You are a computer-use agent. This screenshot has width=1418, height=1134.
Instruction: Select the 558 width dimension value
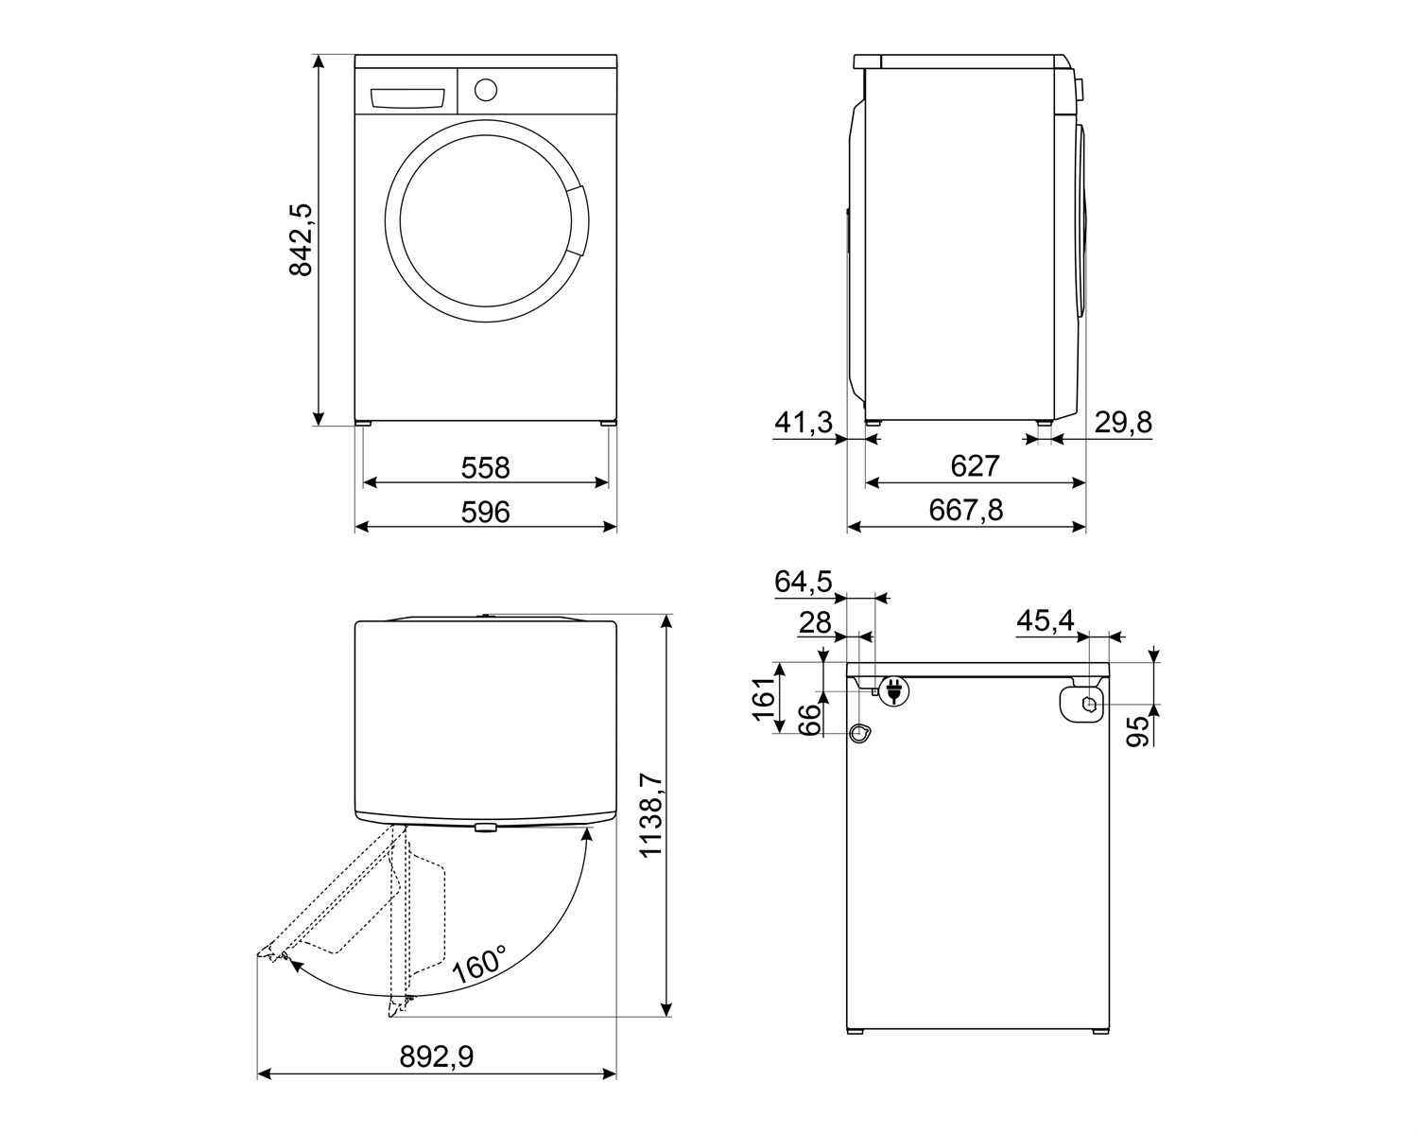(x=485, y=467)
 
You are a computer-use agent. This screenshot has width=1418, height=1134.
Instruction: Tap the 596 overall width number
(x=485, y=512)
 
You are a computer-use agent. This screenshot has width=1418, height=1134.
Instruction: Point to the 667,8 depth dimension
(x=965, y=510)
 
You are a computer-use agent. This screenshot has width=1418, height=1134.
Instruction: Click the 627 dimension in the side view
(x=975, y=466)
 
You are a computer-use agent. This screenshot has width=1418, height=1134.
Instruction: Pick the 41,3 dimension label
(x=803, y=423)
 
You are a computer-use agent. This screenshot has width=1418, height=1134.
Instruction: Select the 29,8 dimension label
(x=1123, y=423)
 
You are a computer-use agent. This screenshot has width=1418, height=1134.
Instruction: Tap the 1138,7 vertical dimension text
(x=650, y=815)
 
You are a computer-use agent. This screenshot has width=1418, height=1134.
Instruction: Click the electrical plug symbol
(x=891, y=691)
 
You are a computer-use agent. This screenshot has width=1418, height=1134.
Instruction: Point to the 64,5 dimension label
(x=803, y=582)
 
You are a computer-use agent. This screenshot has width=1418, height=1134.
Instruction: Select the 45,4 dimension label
(x=1045, y=620)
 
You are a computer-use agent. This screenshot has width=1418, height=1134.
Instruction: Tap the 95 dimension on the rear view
(x=1139, y=731)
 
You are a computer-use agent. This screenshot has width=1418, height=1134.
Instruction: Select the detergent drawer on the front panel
(x=407, y=98)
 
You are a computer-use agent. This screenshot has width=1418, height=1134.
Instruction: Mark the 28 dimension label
(x=815, y=622)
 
